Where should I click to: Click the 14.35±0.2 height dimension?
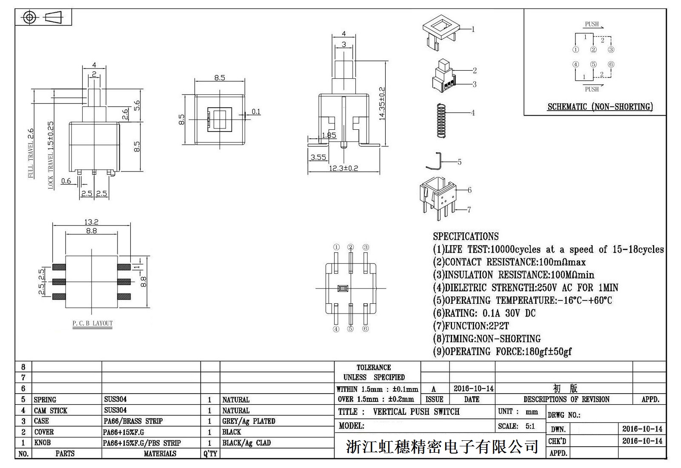pyautogui.click(x=382, y=104)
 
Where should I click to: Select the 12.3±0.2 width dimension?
pyautogui.click(x=343, y=168)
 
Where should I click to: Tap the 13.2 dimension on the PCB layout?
pyautogui.click(x=91, y=222)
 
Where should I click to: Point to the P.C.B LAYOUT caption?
pyautogui.click(x=92, y=323)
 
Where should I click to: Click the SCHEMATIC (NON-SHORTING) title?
pyautogui.click(x=600, y=107)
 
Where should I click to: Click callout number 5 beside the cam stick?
pyautogui.click(x=459, y=162)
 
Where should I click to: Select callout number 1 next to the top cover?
pyautogui.click(x=473, y=29)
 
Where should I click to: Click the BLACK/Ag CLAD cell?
pyautogui.click(x=246, y=443)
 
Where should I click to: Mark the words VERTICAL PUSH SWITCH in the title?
pyautogui.click(x=416, y=412)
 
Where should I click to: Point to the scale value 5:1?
pyautogui.click(x=530, y=426)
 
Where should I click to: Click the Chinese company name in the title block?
pyautogui.click(x=442, y=447)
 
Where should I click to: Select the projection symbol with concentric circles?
pyautogui.click(x=29, y=17)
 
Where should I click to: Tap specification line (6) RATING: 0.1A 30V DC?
pyautogui.click(x=484, y=314)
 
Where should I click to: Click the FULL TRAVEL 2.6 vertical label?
pyautogui.click(x=31, y=153)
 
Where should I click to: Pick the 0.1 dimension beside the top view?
pyautogui.click(x=256, y=111)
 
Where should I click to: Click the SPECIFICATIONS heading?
pyautogui.click(x=466, y=237)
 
